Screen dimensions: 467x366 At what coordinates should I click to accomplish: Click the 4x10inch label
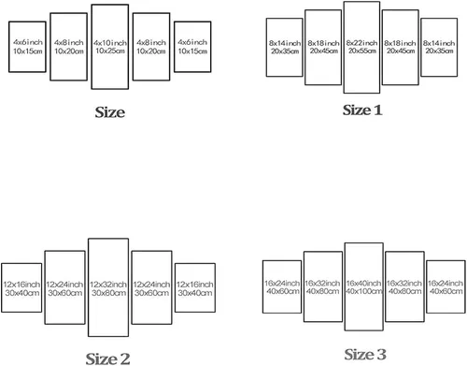tap(110, 42)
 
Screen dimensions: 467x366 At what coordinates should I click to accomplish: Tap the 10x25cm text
tap(110, 51)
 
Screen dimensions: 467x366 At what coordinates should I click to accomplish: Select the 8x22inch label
tap(361, 42)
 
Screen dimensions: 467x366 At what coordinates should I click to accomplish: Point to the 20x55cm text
tap(362, 51)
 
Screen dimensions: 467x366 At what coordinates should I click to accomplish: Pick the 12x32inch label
tap(108, 285)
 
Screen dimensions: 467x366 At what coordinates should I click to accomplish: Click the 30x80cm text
tap(108, 293)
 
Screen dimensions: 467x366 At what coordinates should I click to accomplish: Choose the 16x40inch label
tap(363, 283)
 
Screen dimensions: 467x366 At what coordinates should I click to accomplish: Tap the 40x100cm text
tap(364, 291)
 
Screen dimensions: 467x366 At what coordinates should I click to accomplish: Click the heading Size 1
tap(362, 110)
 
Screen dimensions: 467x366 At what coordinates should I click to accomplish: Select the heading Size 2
tap(107, 359)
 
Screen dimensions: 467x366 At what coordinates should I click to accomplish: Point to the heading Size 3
tap(365, 354)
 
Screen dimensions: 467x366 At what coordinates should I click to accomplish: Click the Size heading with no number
tap(110, 112)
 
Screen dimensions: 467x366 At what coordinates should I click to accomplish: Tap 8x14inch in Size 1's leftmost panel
tap(285, 43)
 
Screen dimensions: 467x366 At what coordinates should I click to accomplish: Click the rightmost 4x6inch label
tap(192, 42)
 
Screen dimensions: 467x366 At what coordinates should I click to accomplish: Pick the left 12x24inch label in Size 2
tap(64, 285)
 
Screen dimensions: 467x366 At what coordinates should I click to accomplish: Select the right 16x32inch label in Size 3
tap(404, 283)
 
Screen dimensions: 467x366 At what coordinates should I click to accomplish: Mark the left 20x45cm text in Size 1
tap(324, 51)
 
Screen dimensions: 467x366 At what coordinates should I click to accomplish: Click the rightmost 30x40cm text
tap(195, 293)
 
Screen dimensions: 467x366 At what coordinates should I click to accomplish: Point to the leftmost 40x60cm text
tap(283, 291)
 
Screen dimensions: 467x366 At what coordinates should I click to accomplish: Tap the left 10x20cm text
tap(69, 51)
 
